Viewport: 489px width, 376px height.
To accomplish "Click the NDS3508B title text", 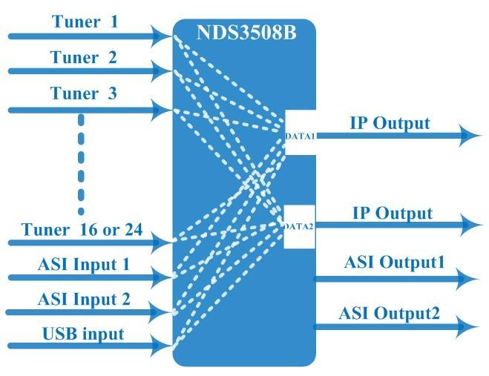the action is tap(246, 32).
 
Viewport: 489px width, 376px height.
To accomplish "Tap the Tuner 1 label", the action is tap(85, 22).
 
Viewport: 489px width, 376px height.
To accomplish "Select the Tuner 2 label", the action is tap(84, 57).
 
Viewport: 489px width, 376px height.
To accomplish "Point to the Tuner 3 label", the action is tap(84, 93).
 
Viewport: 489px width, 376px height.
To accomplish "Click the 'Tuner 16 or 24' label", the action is tap(82, 230).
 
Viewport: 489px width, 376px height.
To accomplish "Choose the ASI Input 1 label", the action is tap(84, 265).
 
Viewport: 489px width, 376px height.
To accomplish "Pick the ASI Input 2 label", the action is tap(84, 300).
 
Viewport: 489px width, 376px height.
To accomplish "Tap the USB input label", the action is tap(83, 334).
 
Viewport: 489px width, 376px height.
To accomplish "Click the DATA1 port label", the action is tap(300, 136).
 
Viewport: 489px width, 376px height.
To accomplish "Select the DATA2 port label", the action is tap(299, 226).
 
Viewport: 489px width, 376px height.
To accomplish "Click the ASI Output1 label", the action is tap(394, 262).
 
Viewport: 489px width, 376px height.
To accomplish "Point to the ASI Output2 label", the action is tap(390, 313).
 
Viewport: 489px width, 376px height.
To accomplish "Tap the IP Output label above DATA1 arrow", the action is tap(390, 123).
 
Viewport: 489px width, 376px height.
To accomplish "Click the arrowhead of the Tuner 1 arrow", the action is tap(162, 36).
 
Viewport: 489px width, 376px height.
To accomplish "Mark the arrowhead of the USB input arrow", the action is tap(162, 346).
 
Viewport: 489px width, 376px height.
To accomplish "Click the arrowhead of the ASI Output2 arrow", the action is tap(467, 327).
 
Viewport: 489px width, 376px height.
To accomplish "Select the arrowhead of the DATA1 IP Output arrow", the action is tap(470, 136).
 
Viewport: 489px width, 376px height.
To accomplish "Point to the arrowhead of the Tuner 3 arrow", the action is tap(162, 110).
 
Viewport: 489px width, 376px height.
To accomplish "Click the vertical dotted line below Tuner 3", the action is tap(81, 165).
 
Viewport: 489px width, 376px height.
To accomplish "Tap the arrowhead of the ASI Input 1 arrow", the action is tap(162, 277).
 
